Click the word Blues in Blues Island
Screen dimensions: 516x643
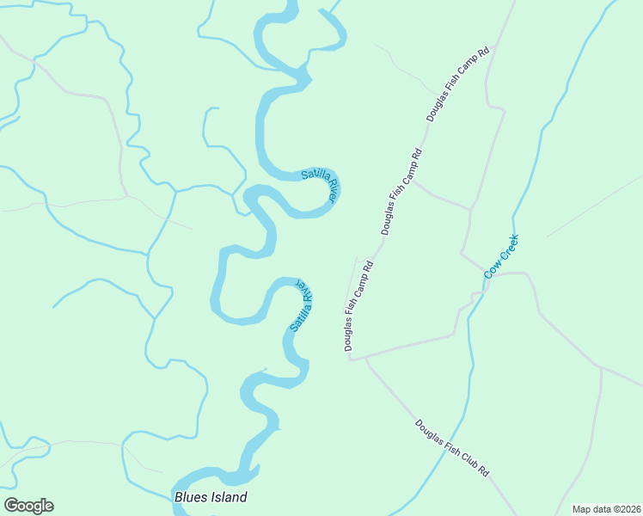[190, 497]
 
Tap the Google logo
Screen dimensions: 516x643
[28, 506]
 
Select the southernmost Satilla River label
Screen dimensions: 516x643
[301, 305]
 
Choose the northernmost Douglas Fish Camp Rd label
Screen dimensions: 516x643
[457, 83]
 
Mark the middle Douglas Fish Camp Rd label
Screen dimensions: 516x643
[402, 192]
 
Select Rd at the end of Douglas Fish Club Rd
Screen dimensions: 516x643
[484, 470]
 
